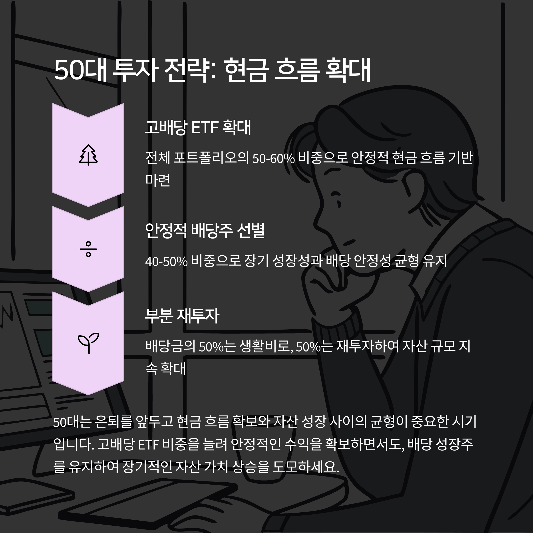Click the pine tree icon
click(88, 155)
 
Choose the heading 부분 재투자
click(182, 316)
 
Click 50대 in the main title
click(80, 70)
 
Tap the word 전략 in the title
click(188, 70)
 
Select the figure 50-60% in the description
click(273, 158)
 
